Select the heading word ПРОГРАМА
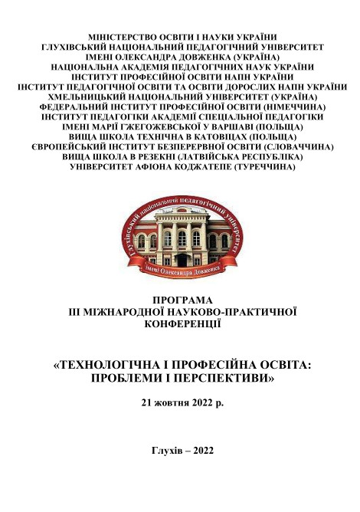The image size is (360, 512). coord(181,300)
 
